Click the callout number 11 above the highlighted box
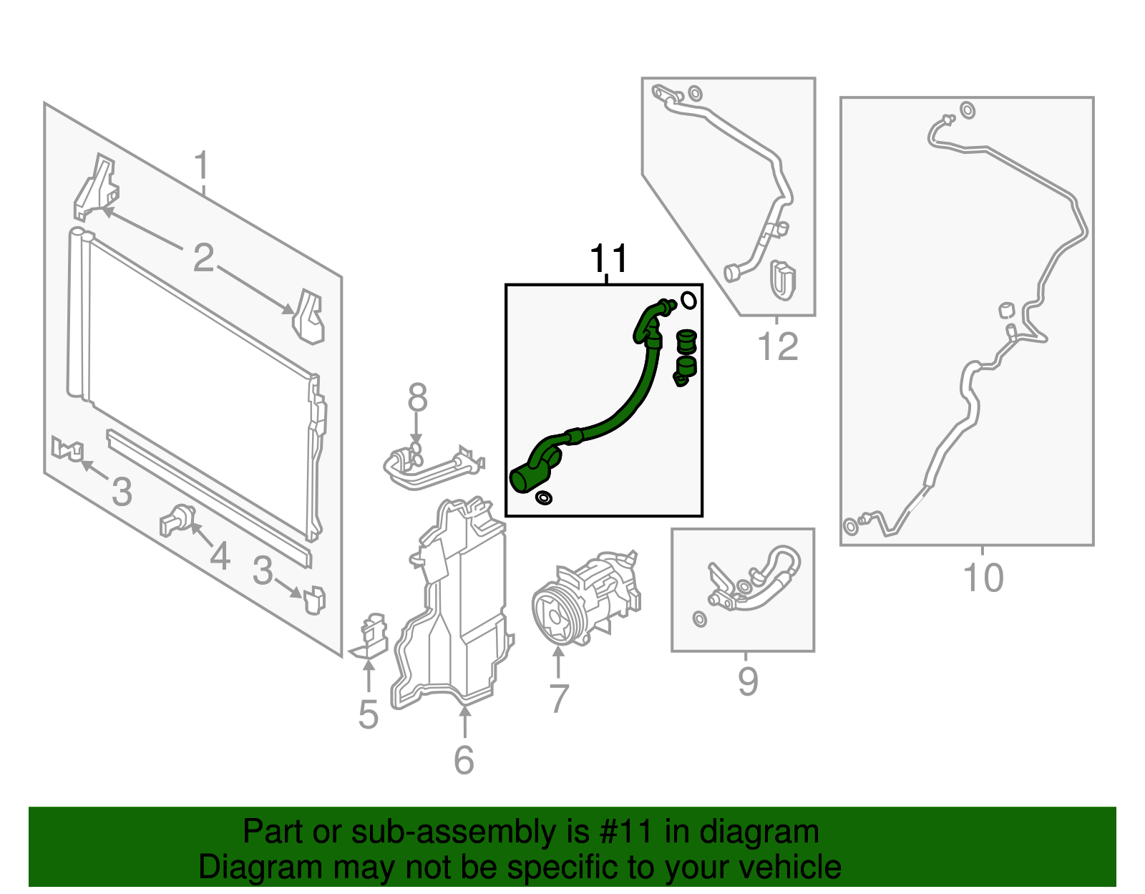pos(609,258)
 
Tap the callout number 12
pos(778,346)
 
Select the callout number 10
pos(983,578)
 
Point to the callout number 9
pos(749,681)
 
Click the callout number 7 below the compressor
pos(559,698)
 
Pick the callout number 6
pos(464,759)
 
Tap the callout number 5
pos(369,714)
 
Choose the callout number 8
pos(417,397)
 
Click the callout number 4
pos(220,555)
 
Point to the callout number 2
pos(204,258)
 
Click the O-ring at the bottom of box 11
pos(543,497)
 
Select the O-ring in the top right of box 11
pos(688,301)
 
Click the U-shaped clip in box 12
pos(782,281)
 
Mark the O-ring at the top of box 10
pos(968,111)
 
